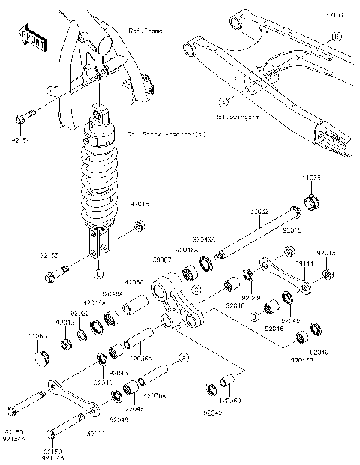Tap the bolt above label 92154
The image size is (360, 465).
(x=23, y=117)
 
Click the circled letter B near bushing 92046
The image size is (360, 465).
(x=254, y=318)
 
